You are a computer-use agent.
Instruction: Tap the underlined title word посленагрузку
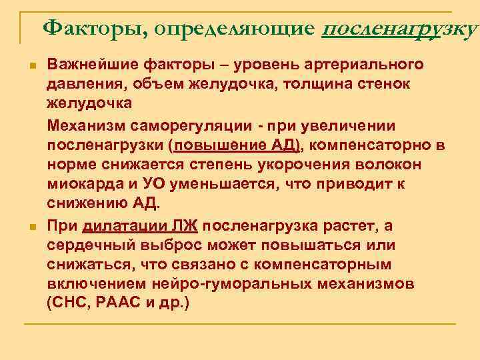pos(399,29)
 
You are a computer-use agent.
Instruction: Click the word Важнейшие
pos(87,65)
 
